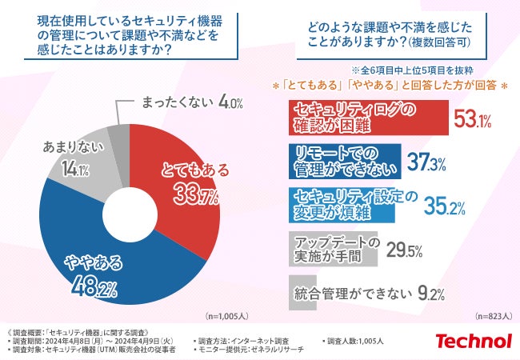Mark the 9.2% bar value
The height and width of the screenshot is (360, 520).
click(431, 293)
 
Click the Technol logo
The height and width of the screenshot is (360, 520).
click(473, 341)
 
